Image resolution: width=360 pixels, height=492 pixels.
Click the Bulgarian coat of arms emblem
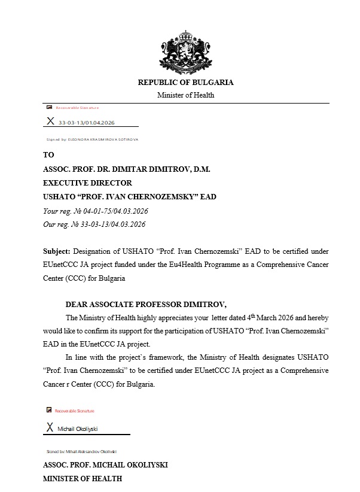pyautogui.click(x=185, y=50)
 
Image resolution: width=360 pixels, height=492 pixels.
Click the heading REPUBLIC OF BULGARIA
pyautogui.click(x=185, y=83)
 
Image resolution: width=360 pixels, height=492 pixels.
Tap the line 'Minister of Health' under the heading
pyautogui.click(x=185, y=95)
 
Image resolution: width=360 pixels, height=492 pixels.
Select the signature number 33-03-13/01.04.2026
pyautogui.click(x=86, y=123)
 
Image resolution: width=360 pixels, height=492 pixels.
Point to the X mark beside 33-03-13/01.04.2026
pyautogui.click(x=50, y=122)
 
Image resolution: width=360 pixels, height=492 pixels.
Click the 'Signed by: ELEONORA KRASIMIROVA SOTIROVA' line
pyautogui.click(x=92, y=139)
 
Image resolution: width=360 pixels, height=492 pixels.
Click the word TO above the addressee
pyautogui.click(x=48, y=154)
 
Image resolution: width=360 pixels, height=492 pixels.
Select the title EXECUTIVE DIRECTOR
pyautogui.click(x=87, y=183)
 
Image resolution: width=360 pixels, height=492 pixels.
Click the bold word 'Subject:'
pyautogui.click(x=57, y=250)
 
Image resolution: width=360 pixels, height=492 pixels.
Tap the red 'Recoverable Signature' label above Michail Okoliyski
pyautogui.click(x=74, y=411)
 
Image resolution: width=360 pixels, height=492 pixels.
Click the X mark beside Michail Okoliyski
pyautogui.click(x=50, y=428)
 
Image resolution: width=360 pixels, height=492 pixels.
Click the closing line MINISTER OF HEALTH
pyautogui.click(x=83, y=479)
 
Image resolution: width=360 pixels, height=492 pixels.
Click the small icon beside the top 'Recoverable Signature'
pyautogui.click(x=49, y=108)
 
